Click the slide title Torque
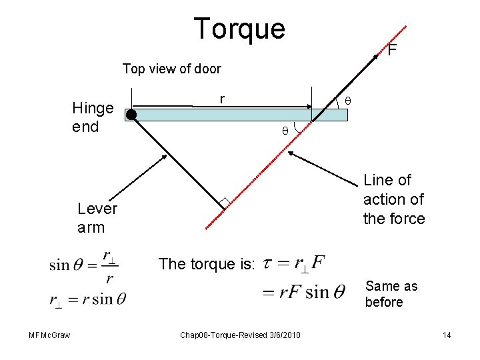tap(239, 29)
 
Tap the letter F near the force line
tap(393, 50)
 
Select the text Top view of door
tap(171, 69)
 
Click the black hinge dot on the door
tap(132, 115)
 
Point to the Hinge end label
tap(93, 117)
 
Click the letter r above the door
tap(222, 99)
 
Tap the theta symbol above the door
tap(347, 101)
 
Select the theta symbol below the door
tap(285, 131)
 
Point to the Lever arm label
tap(97, 218)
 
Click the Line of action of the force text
tap(393, 199)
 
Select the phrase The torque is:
tap(207, 264)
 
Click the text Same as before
tap(391, 294)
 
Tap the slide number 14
tap(447, 335)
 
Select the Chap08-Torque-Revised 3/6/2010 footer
tap(239, 335)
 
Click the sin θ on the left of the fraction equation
tap(69, 265)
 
